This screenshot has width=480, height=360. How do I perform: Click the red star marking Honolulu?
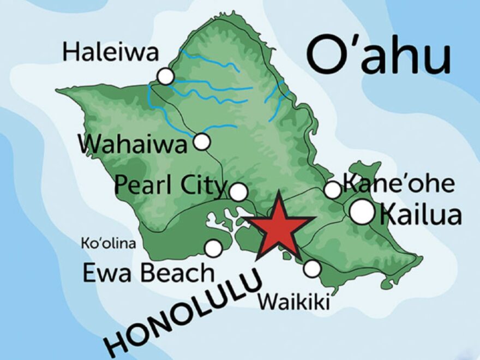coord(278,226)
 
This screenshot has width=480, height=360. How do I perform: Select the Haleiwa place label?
coord(110,53)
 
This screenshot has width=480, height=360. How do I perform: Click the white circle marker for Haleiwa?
coord(165,76)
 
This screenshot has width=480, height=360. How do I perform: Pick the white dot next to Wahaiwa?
coord(202,142)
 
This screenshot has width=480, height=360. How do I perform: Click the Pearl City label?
coord(170,186)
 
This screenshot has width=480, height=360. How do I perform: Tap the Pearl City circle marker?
coord(238,192)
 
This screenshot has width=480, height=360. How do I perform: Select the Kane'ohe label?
coord(398,184)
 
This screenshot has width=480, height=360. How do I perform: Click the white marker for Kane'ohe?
coord(332,190)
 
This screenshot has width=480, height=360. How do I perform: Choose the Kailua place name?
coord(420,214)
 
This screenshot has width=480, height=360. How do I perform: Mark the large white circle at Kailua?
coord(362,212)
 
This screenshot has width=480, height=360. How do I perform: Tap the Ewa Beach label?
coord(148,272)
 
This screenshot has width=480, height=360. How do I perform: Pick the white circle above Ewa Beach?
coord(213,248)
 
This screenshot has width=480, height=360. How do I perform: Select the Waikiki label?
coord(294,301)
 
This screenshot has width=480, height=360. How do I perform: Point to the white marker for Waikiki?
coord(312,268)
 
